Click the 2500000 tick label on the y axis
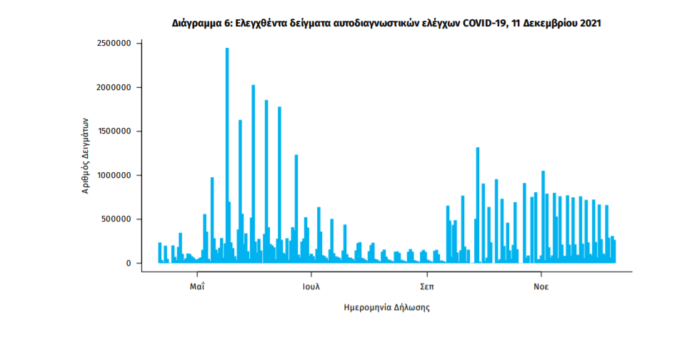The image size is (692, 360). [115, 44]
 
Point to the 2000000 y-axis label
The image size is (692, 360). [115, 88]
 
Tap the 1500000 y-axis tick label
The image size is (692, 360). [115, 131]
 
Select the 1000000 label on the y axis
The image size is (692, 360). [115, 176]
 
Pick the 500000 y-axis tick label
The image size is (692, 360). [117, 219]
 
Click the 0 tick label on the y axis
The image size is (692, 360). [129, 264]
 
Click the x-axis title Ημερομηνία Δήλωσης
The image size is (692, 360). [387, 309]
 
